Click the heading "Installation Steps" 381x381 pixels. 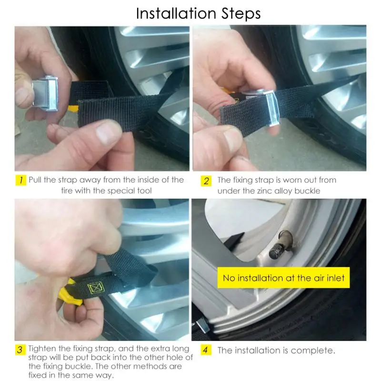198,14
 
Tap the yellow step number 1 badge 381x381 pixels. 21,180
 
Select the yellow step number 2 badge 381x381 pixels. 206,181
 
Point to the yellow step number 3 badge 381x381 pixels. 20,350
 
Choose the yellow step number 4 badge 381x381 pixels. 206,350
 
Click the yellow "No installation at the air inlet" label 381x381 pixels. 283,278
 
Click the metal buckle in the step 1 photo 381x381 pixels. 45,93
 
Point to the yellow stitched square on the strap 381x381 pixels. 96,288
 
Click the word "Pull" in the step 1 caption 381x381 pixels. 35,180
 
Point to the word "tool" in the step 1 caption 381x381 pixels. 144,191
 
